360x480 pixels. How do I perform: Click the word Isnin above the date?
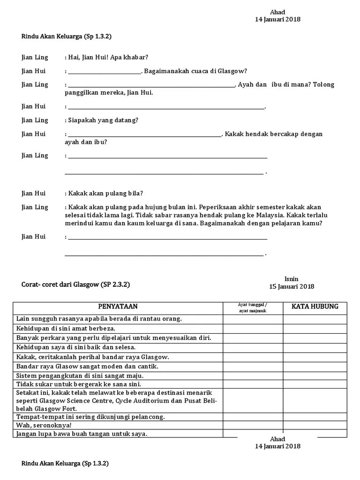click(291, 279)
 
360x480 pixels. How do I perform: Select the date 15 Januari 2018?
click(291, 286)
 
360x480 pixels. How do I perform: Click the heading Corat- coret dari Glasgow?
click(75, 284)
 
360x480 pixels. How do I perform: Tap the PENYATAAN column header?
click(118, 307)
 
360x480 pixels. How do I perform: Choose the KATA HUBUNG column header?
click(315, 307)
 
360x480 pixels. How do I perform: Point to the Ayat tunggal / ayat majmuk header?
click(253, 307)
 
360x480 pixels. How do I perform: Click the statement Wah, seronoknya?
click(44, 425)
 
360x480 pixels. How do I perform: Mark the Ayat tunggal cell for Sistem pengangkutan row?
click(253, 375)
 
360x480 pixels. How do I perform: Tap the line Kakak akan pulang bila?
click(106, 193)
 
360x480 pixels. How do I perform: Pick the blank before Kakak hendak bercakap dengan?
click(145, 135)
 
